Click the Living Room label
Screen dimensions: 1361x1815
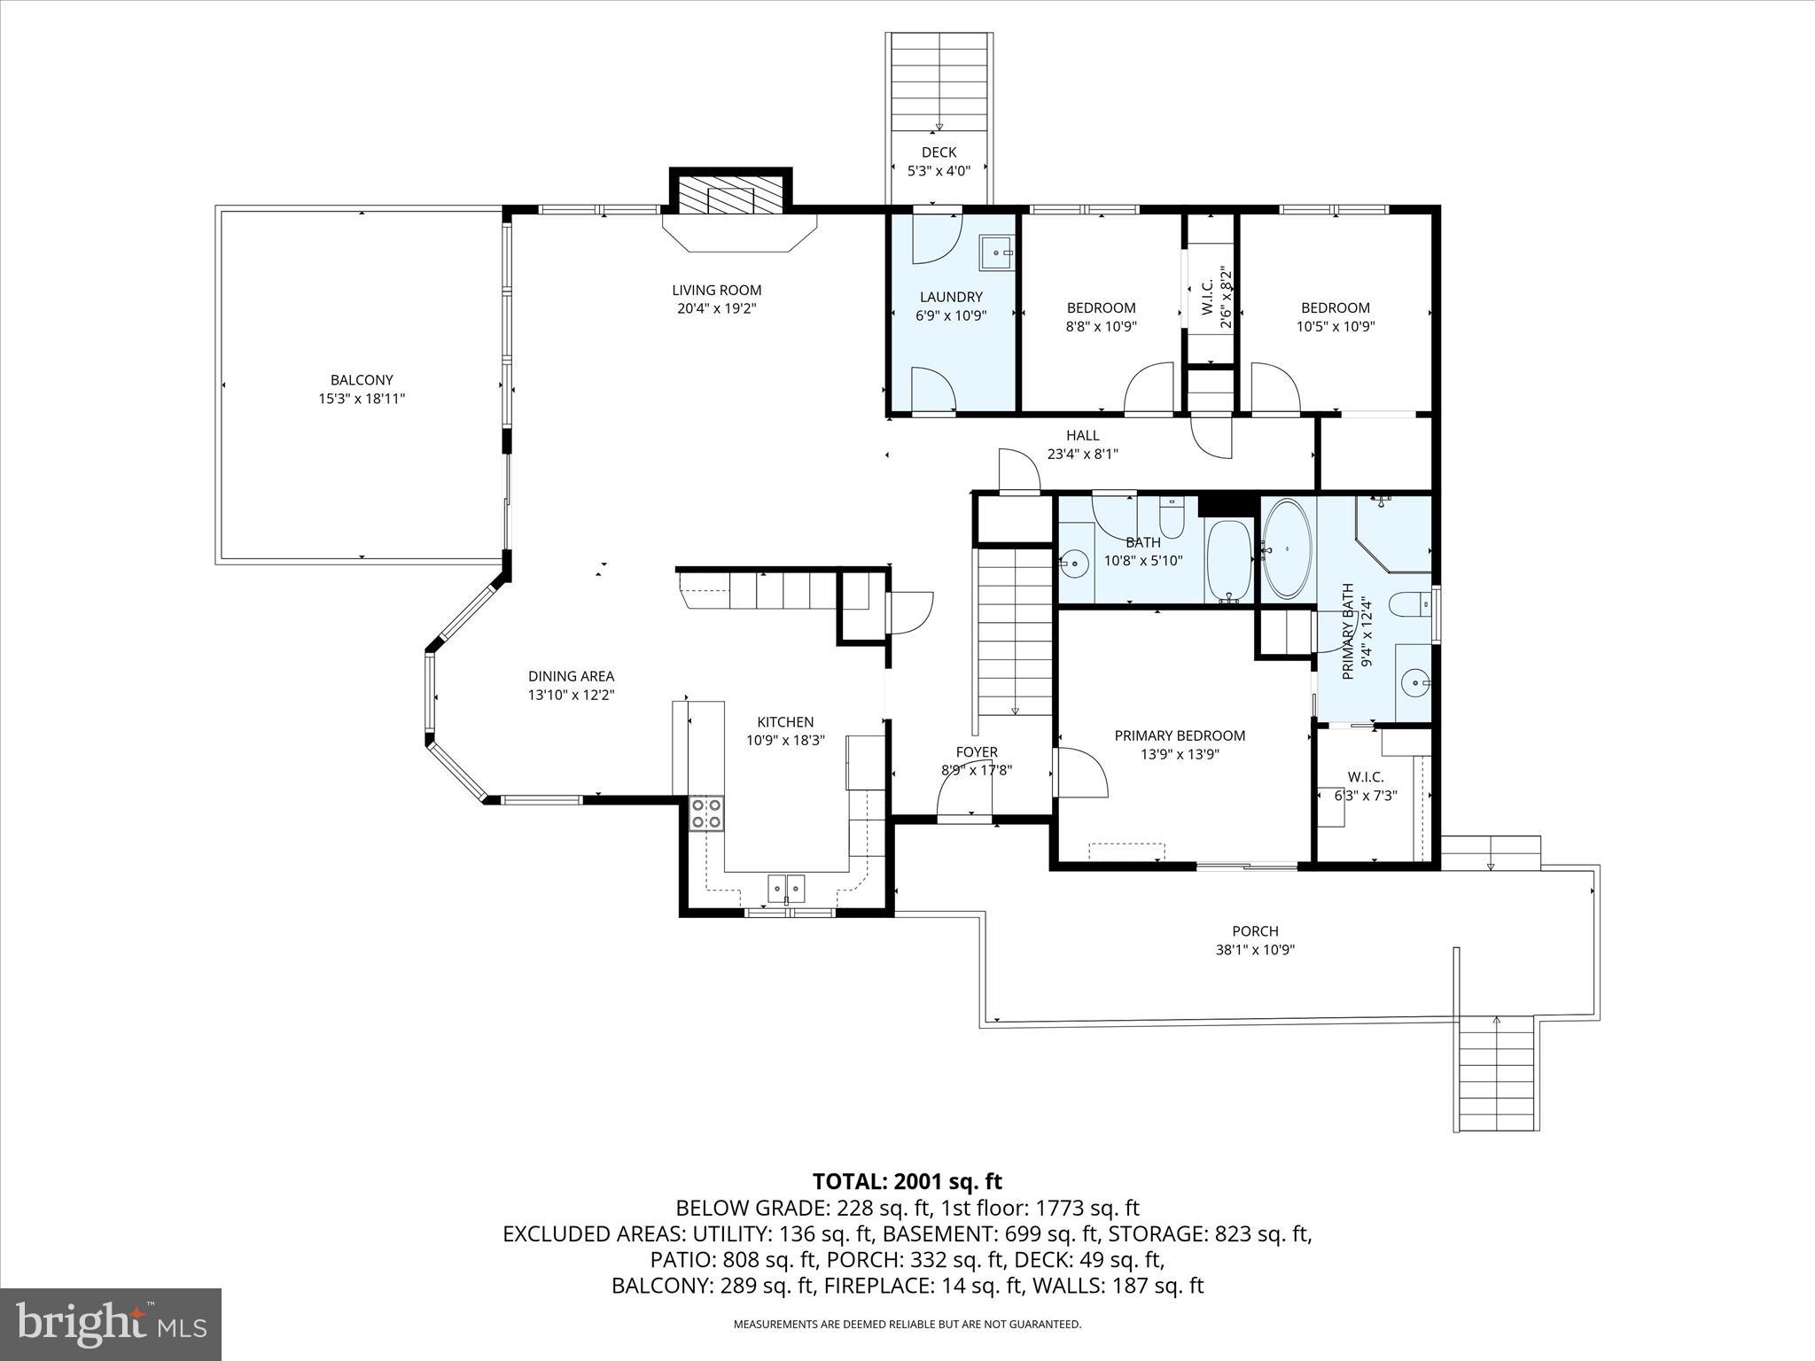(716, 290)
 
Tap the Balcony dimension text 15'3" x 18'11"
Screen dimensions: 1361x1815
(362, 399)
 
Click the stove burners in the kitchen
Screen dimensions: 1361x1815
(706, 813)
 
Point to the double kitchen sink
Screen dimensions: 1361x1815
(786, 887)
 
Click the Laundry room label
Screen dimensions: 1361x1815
(951, 297)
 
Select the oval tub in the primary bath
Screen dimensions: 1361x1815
(1287, 549)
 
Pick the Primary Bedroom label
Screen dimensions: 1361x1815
(1180, 735)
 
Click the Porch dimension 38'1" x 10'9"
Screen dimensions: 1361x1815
(1255, 950)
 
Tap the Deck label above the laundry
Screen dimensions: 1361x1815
(939, 152)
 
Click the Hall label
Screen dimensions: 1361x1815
(1082, 435)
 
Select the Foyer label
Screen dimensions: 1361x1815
(977, 752)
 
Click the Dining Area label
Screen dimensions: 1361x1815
(571, 676)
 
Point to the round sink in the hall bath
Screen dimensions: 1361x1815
(1075, 562)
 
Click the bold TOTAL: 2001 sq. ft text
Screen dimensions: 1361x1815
(907, 1181)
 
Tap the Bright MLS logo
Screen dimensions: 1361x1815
(111, 1324)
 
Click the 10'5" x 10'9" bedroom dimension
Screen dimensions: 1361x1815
(1335, 326)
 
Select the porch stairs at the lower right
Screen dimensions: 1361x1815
(1496, 1073)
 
